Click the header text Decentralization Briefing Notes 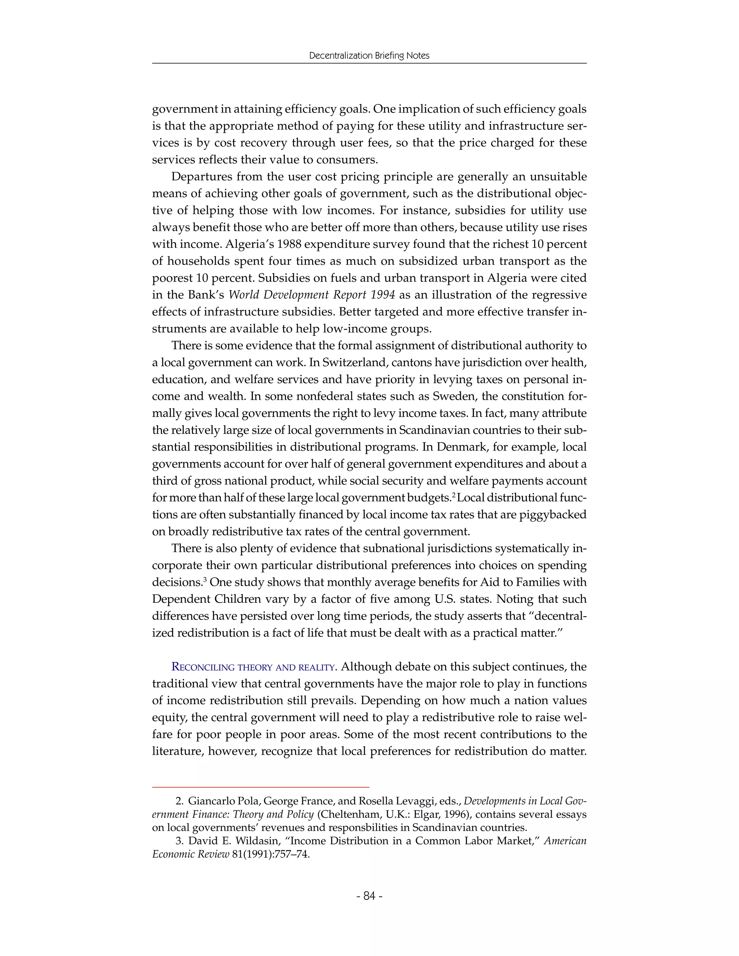(x=369, y=56)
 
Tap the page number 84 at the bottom (x=369, y=896)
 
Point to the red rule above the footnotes (x=261, y=787)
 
